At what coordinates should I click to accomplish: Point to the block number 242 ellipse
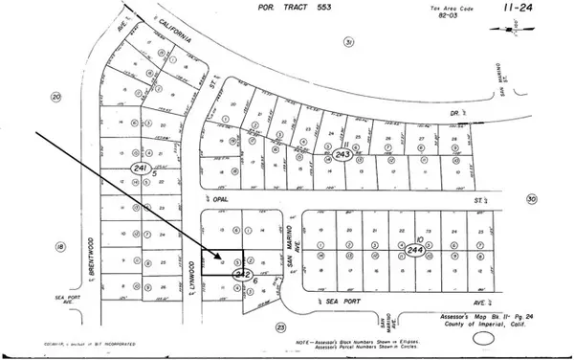coord(243,274)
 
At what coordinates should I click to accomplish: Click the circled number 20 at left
coord(56,97)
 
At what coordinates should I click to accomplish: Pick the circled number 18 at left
coord(59,246)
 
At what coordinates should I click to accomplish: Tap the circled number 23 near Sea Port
coord(280,326)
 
